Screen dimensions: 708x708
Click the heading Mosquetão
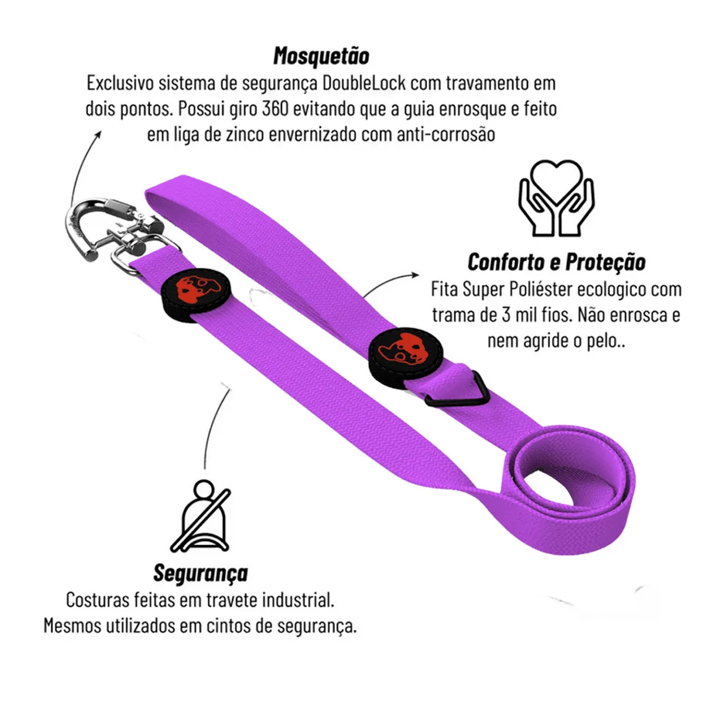(321, 56)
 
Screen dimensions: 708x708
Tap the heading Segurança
(200, 572)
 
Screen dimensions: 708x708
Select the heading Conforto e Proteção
(556, 262)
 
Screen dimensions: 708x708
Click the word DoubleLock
(365, 83)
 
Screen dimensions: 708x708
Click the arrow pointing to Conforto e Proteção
(389, 282)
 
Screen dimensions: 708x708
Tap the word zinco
(242, 135)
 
